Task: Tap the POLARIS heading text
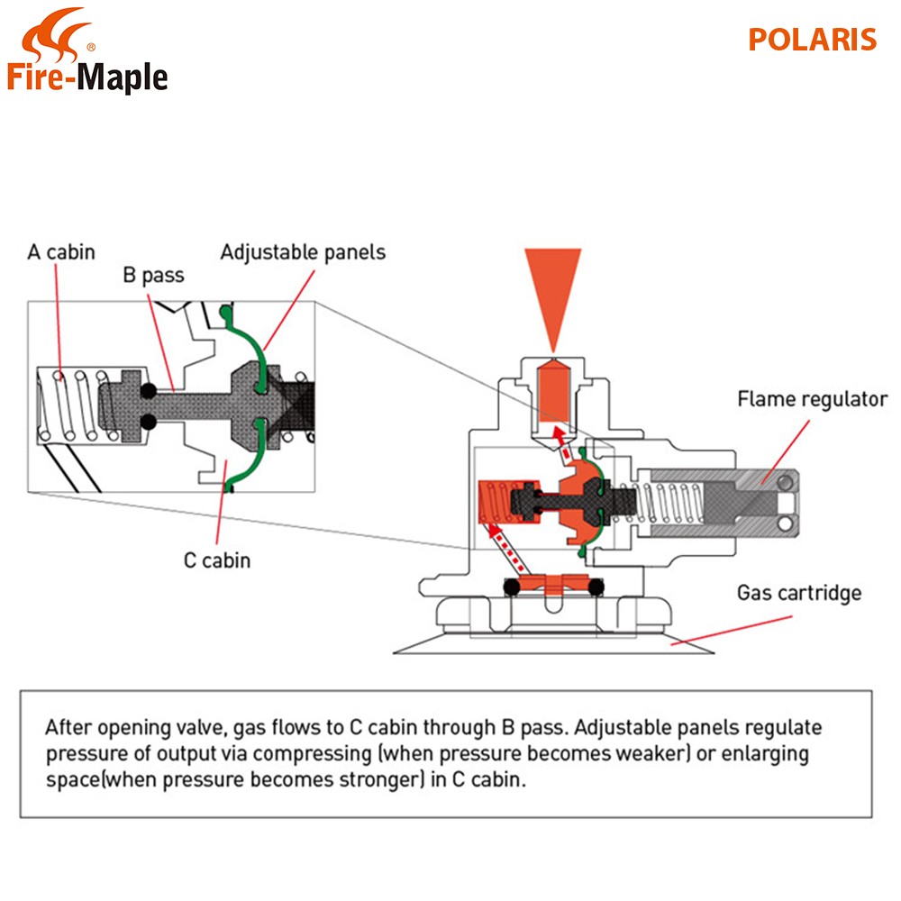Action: coord(812,40)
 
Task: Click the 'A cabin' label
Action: coord(60,251)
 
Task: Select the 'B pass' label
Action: coord(153,275)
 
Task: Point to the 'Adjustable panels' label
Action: coord(303,251)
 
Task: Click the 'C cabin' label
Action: coord(217,560)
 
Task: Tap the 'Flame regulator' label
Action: coord(813,398)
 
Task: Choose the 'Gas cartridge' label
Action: coord(799,593)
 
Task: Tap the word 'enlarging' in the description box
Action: coord(763,753)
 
